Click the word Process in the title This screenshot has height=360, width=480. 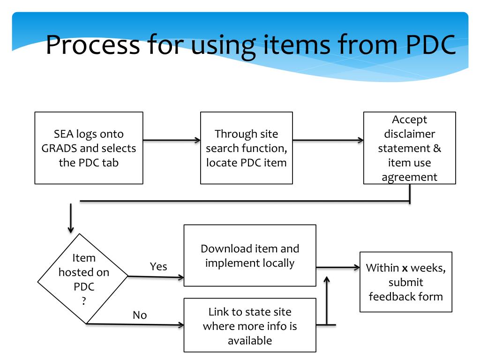[92, 46]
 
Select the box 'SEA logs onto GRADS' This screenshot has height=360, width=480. [89, 148]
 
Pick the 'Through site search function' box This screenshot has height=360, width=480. [246, 148]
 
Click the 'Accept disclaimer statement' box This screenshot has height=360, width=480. [409, 148]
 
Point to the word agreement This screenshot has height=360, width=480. [409, 177]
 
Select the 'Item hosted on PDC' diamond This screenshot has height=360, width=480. [84, 279]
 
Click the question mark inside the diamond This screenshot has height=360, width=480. [84, 301]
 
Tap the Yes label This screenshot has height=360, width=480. [158, 267]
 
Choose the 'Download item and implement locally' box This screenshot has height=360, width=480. [249, 255]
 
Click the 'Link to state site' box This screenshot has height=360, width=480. [249, 326]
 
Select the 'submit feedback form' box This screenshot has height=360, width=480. [405, 282]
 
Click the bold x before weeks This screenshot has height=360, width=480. [405, 269]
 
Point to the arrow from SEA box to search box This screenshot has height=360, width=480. [172, 140]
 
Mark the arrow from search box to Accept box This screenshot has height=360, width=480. [328, 140]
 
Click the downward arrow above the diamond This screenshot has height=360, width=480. [71, 218]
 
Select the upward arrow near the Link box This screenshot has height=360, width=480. [327, 300]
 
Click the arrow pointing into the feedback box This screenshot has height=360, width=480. [337, 268]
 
